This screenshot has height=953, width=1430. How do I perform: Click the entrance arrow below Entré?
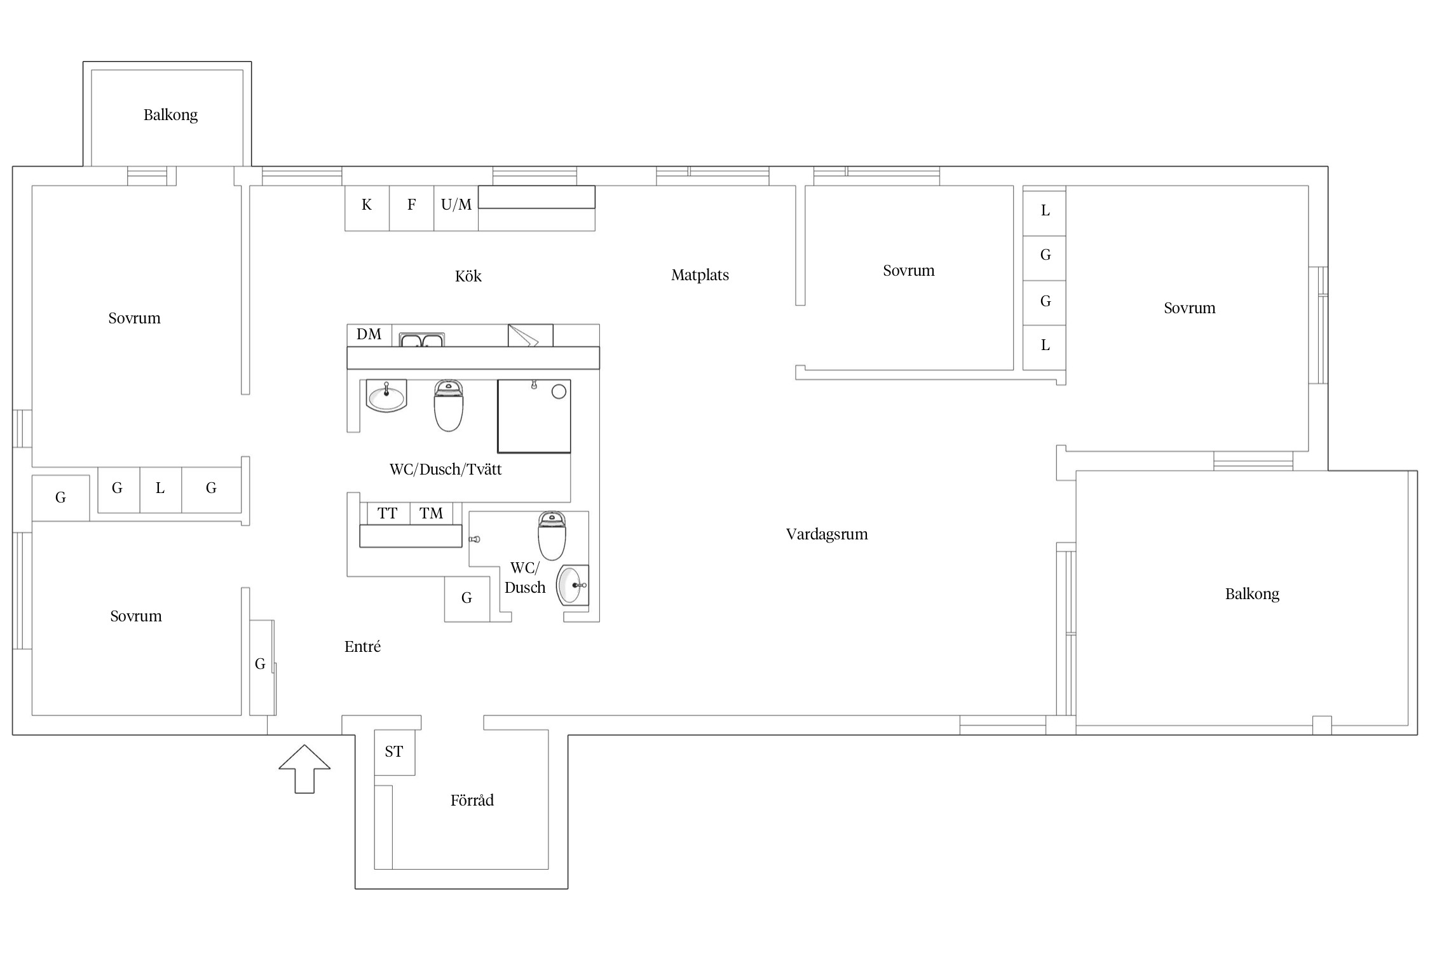click(304, 769)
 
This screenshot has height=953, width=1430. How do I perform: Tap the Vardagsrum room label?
click(827, 535)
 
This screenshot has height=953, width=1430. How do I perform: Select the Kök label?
click(468, 276)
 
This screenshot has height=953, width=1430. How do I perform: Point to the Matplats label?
click(700, 275)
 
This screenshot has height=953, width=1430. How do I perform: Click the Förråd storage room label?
click(472, 800)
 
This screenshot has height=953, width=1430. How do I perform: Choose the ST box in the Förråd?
click(395, 752)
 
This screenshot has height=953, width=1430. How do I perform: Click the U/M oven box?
click(456, 208)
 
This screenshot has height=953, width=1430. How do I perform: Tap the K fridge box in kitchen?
click(367, 208)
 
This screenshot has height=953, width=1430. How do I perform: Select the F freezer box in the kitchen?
click(411, 208)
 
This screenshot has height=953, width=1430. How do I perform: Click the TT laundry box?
click(388, 513)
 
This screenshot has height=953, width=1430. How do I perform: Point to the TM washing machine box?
click(432, 513)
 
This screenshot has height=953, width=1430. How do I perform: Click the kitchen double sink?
click(421, 340)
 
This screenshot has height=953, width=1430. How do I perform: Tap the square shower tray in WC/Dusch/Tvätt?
click(534, 416)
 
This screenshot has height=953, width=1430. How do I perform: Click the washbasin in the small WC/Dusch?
click(573, 585)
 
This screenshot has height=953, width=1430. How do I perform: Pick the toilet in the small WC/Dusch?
click(552, 536)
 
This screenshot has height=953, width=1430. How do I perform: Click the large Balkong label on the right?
click(1252, 595)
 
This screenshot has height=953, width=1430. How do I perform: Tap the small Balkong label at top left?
click(170, 115)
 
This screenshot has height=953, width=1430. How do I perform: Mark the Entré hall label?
click(362, 647)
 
